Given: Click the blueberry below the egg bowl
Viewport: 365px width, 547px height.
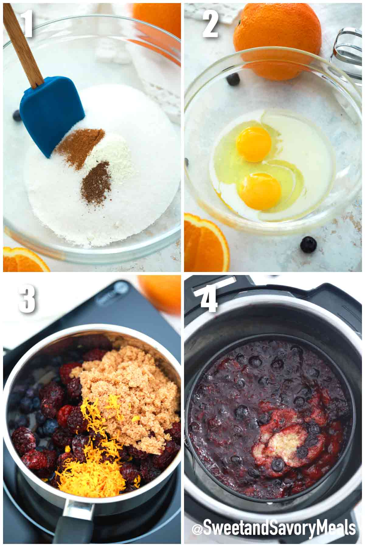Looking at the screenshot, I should (308, 244).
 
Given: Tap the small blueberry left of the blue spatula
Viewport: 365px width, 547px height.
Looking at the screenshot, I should (16, 116).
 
